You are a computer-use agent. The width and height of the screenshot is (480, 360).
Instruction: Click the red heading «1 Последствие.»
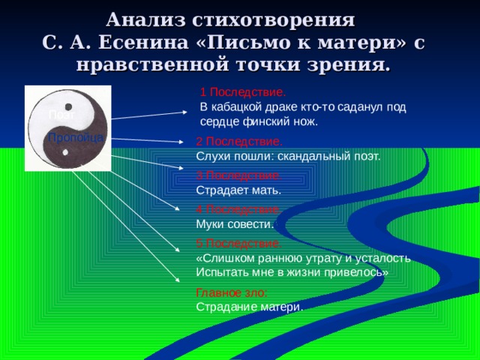243,92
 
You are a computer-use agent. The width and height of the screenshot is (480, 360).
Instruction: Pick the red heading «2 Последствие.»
239,142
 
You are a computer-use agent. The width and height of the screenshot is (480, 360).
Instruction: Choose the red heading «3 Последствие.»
238,175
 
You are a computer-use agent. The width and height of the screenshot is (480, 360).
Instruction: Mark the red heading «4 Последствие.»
238,209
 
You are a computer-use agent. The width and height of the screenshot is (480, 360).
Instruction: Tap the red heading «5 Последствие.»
239,244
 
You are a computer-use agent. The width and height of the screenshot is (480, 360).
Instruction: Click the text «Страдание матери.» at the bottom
250,307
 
